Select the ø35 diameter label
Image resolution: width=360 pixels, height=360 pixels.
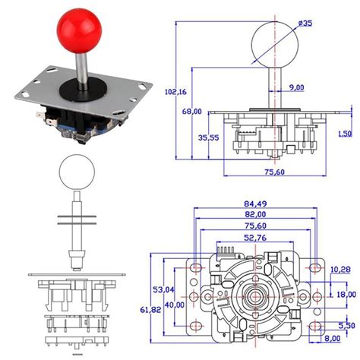tap(305, 24)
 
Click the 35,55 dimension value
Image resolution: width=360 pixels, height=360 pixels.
tap(208, 139)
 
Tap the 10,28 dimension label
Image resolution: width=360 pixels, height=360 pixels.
tap(341, 270)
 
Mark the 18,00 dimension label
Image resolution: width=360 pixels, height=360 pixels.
tap(346, 294)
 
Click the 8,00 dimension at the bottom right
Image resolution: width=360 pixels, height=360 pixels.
tap(331, 339)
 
